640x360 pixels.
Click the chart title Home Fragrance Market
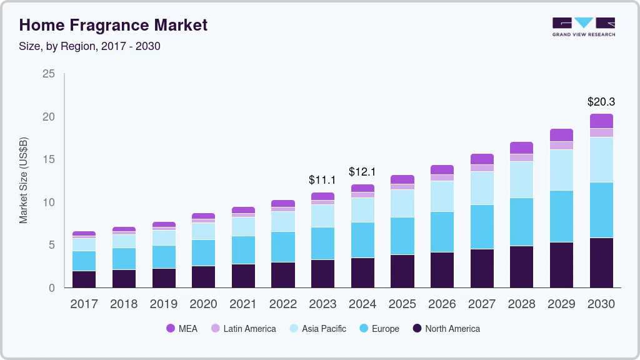point(113,25)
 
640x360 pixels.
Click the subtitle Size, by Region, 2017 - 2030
point(90,46)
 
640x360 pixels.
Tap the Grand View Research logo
point(583,26)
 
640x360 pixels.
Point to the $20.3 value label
point(601,102)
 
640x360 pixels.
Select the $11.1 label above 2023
point(322,180)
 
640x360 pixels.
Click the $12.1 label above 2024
point(362,171)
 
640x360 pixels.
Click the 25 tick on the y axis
point(49,74)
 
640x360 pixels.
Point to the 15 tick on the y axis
point(49,159)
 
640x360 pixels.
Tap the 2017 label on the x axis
point(84,304)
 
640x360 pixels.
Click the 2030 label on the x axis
point(601,304)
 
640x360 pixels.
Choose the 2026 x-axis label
point(442,304)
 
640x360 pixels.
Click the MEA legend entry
point(182,328)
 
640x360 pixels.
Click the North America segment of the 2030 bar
point(601,262)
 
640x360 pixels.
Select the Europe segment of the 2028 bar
point(521,222)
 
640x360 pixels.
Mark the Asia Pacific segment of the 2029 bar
point(561,170)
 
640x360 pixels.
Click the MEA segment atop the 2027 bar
point(482,159)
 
